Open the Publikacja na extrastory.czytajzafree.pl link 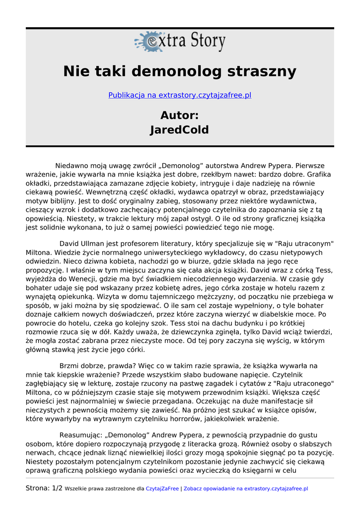(180, 95)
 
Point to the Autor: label (180, 116)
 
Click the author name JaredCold (180, 130)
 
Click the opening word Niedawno (71, 166)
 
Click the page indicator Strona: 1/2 (44, 488)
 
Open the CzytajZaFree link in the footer (162, 489)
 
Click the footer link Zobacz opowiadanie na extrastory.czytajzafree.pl (246, 489)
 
